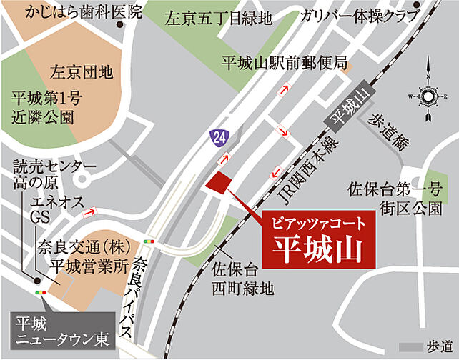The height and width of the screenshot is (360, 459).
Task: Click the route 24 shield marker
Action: (216, 135)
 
